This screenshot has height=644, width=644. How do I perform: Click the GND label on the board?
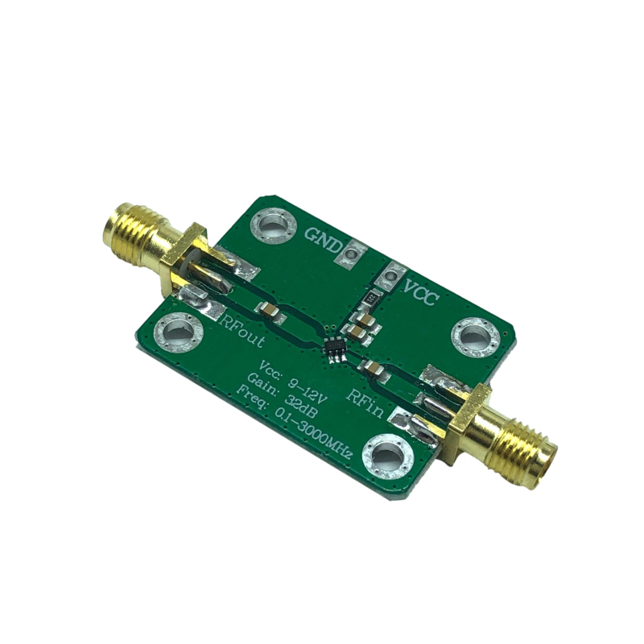click(323, 240)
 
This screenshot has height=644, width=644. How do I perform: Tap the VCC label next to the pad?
click(419, 291)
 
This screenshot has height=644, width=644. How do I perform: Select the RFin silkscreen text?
click(365, 402)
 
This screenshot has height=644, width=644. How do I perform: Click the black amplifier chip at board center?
click(335, 349)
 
